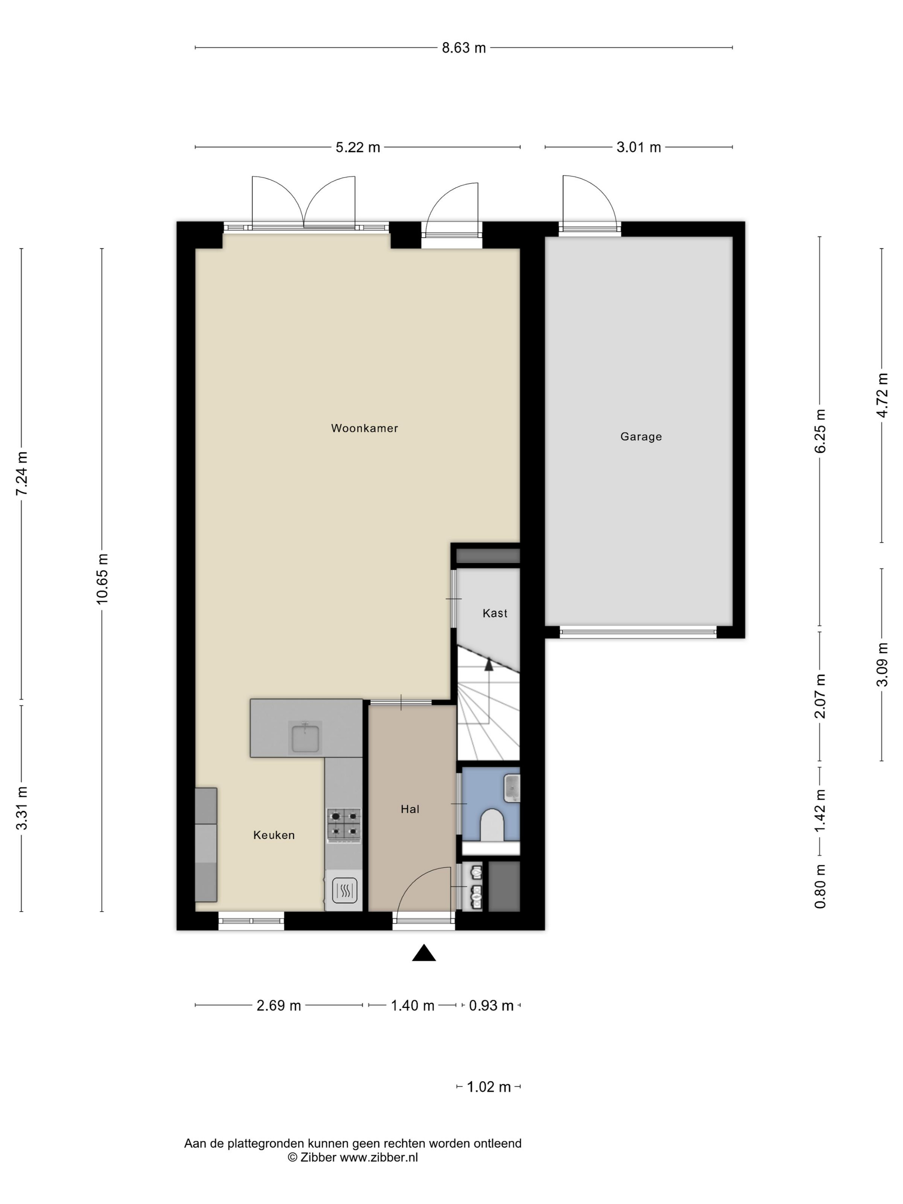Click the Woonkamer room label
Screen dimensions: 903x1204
(364, 428)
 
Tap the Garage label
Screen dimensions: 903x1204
(641, 436)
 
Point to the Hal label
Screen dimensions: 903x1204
(410, 809)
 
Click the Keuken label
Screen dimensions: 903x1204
(274, 835)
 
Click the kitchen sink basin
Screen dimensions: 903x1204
(305, 738)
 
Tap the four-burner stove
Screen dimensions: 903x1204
(344, 825)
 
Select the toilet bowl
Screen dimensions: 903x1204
(493, 825)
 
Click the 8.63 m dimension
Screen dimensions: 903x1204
(464, 48)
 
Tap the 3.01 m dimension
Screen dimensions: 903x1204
(639, 147)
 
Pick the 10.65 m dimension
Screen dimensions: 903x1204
(102, 578)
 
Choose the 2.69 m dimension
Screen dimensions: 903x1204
(279, 1005)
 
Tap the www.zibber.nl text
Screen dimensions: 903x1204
(379, 1157)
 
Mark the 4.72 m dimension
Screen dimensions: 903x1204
(882, 395)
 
